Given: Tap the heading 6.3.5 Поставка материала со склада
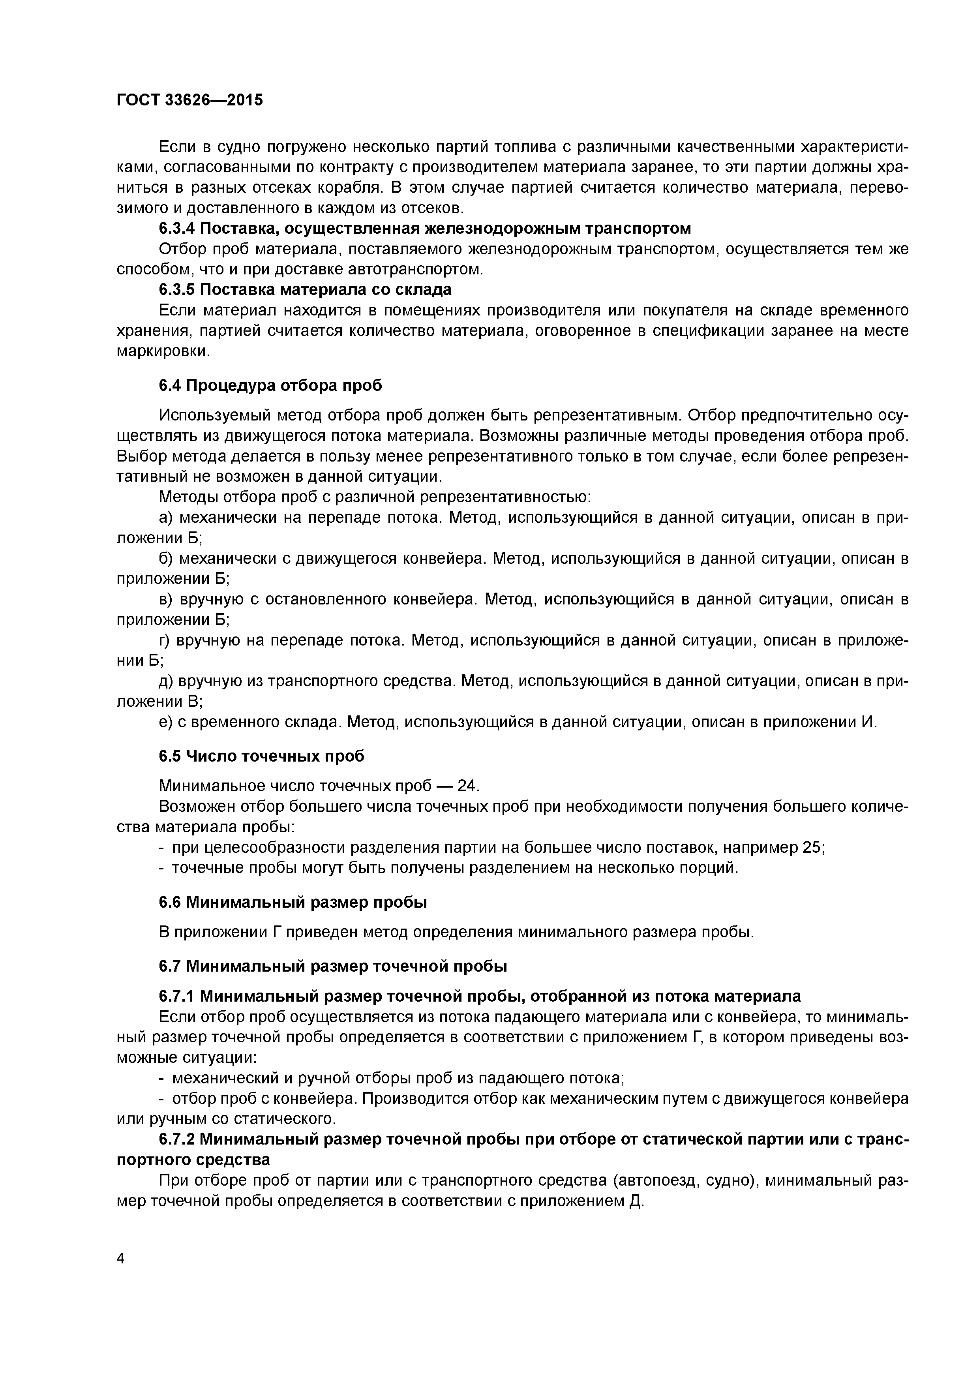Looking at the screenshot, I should click(305, 289).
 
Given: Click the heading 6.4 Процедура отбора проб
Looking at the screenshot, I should click(270, 385).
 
